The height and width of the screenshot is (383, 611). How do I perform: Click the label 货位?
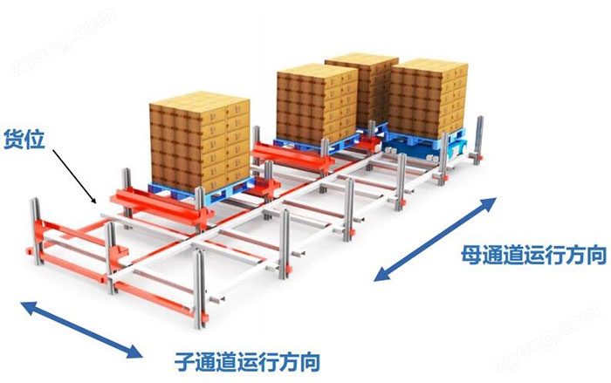(24, 140)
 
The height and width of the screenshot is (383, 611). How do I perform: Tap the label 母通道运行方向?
(534, 255)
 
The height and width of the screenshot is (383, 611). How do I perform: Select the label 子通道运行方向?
(247, 361)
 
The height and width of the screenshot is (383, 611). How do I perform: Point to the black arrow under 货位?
(74, 176)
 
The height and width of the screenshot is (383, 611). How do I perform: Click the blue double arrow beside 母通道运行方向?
(435, 239)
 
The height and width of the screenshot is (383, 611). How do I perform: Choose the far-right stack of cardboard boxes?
(429, 98)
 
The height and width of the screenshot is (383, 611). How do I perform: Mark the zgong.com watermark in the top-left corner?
(62, 43)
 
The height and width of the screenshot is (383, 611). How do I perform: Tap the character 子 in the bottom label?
(184, 361)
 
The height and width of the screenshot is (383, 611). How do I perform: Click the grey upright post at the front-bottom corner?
(200, 289)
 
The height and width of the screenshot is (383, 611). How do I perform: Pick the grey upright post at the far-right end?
(479, 138)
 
